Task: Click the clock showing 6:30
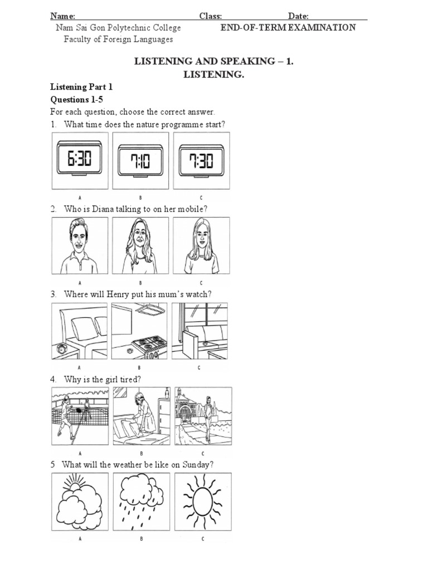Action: (80, 161)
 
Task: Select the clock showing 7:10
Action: (140, 161)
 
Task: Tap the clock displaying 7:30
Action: (201, 161)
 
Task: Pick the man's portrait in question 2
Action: (80, 245)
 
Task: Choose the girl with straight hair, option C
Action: (201, 245)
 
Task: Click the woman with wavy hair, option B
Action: (140, 245)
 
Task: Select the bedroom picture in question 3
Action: (80, 331)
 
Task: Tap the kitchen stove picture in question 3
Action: (140, 331)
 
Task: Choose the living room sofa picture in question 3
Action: (200, 331)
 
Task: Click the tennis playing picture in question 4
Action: (80, 416)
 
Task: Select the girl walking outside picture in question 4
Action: (203, 416)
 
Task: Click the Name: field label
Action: (63, 16)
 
